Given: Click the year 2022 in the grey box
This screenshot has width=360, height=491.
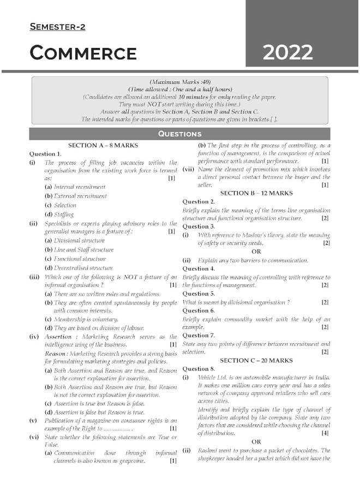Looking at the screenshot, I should pos(287,52).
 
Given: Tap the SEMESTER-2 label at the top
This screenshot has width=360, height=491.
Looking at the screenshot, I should pos(57,27).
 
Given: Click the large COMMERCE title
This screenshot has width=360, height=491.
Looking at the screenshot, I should pos(83,53).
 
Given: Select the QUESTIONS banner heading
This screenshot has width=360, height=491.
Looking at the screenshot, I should pos(179,134).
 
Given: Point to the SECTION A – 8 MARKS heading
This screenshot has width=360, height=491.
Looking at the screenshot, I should pos(103,146).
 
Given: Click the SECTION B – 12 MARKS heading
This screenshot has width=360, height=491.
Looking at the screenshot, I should pos(256,193).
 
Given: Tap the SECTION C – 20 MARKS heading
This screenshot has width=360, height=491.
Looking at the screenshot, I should pos(256,361).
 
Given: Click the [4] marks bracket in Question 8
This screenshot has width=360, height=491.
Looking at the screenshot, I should pos(325,433).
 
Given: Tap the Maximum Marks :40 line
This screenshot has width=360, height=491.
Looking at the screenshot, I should pos(179,81).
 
